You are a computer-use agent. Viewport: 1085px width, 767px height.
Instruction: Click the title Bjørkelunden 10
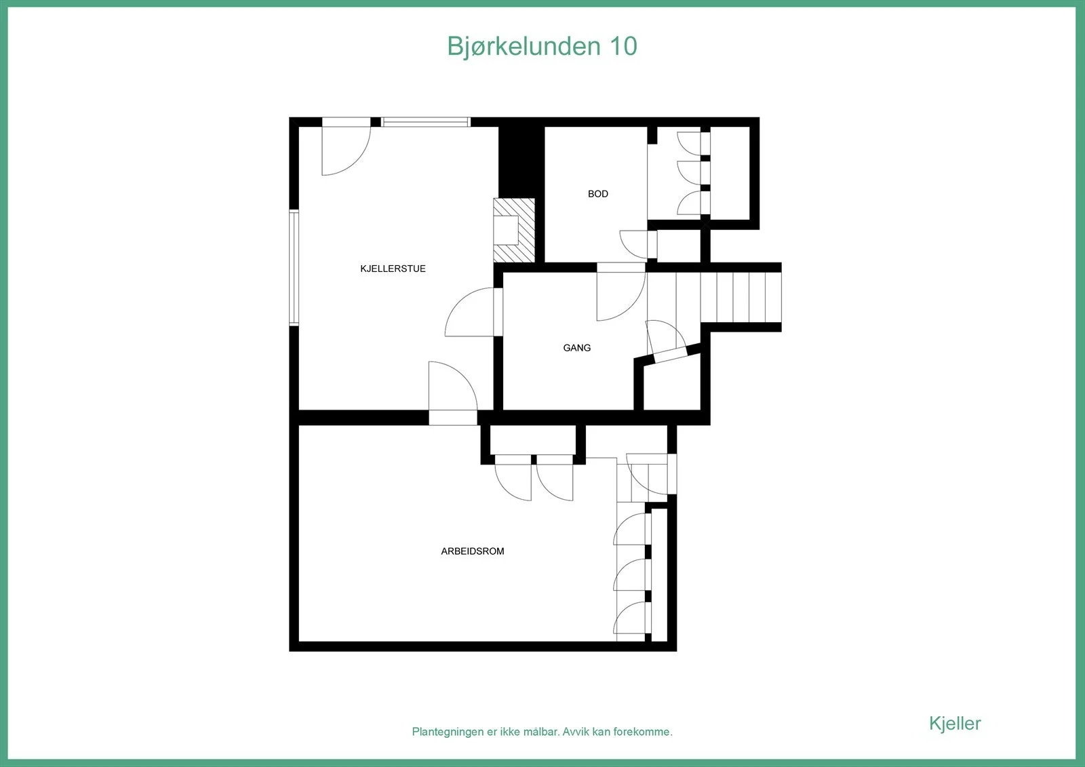click(542, 47)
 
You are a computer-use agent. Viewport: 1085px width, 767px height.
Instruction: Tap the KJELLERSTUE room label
click(393, 269)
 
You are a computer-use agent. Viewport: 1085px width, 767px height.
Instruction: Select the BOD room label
click(597, 194)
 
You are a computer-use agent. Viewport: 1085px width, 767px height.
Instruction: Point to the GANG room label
click(577, 347)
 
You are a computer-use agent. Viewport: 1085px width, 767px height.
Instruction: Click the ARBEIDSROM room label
click(472, 551)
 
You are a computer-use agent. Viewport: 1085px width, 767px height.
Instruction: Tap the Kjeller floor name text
click(955, 724)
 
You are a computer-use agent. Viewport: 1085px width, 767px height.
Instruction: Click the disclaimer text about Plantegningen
click(542, 732)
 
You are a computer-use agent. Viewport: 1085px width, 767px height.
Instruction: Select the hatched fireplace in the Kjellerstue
click(514, 230)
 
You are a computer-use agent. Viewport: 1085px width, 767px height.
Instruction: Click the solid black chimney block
click(521, 162)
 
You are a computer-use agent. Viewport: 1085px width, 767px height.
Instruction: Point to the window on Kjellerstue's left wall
click(294, 267)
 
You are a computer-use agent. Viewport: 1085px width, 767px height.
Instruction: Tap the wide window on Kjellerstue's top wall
click(425, 121)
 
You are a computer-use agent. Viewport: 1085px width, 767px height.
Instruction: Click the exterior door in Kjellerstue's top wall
click(347, 146)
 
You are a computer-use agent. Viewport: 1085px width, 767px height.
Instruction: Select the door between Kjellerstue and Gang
click(474, 311)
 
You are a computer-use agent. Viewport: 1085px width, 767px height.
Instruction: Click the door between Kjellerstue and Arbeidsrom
click(453, 393)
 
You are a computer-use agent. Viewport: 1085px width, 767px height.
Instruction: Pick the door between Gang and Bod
click(621, 291)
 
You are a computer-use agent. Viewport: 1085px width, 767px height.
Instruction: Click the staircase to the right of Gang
click(714, 297)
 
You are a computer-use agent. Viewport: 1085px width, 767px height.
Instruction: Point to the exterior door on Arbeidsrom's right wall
click(652, 474)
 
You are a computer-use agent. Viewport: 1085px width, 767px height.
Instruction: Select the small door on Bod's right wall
click(638, 244)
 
